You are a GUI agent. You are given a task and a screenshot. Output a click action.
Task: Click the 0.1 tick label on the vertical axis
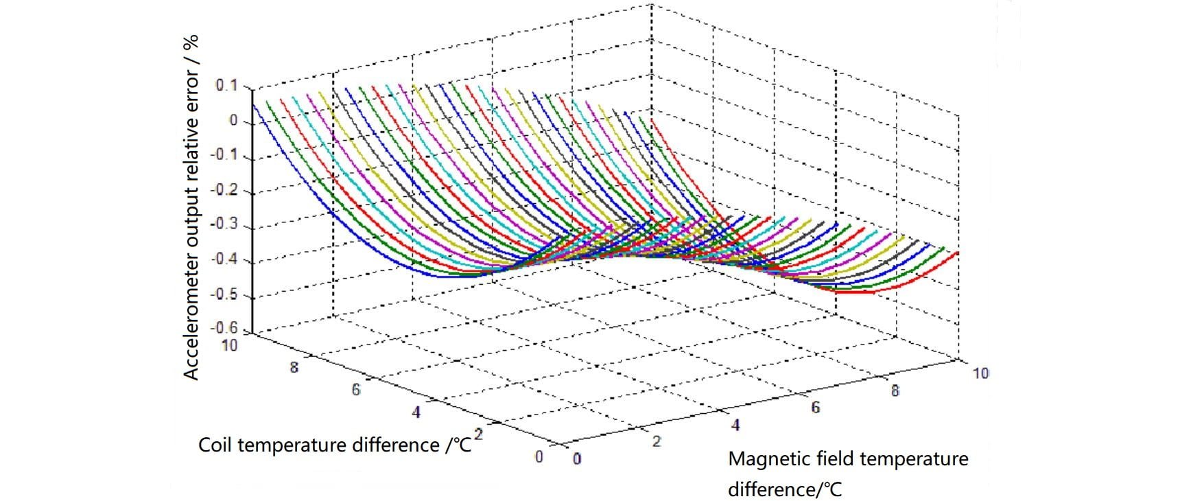pyautogui.click(x=226, y=86)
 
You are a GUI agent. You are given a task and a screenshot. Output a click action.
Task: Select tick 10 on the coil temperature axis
pyautogui.click(x=229, y=345)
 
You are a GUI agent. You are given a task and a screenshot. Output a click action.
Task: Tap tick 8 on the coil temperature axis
pyautogui.click(x=294, y=367)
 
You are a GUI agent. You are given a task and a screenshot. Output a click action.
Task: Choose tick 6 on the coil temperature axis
pyautogui.click(x=356, y=390)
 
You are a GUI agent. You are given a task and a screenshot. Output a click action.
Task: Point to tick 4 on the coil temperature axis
pyautogui.click(x=416, y=412)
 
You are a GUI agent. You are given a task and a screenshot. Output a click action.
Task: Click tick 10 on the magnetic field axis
pyautogui.click(x=980, y=373)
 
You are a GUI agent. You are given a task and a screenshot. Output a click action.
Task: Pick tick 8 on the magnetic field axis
pyautogui.click(x=895, y=391)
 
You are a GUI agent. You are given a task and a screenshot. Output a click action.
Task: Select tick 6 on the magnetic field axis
pyautogui.click(x=816, y=408)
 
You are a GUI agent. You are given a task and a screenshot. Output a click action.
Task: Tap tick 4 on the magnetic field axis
pyautogui.click(x=735, y=426)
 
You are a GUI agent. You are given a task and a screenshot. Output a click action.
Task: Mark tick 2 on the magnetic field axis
pyautogui.click(x=656, y=442)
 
